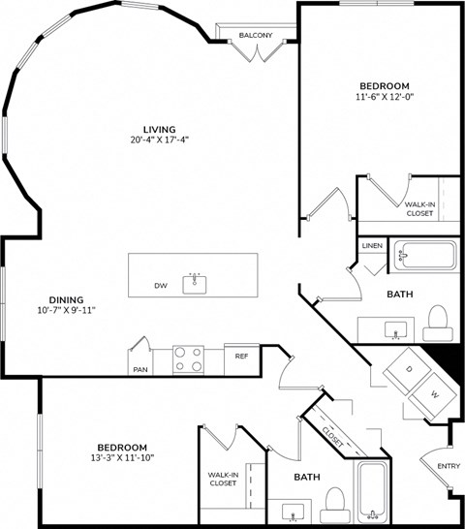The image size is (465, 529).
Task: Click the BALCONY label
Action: coord(257,36)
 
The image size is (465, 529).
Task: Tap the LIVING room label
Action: coord(159,128)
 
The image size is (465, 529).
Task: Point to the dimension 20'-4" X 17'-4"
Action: coord(159,140)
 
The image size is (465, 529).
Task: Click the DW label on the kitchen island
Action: coord(161,286)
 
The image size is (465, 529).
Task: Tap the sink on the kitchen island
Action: coord(197,282)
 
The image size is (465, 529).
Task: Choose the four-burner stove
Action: coord(188,359)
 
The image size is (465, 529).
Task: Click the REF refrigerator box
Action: coord(241,357)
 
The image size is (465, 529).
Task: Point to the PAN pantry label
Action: coord(140,369)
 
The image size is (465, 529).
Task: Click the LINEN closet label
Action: coord(372,246)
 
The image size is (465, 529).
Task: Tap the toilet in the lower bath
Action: coord(334,501)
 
